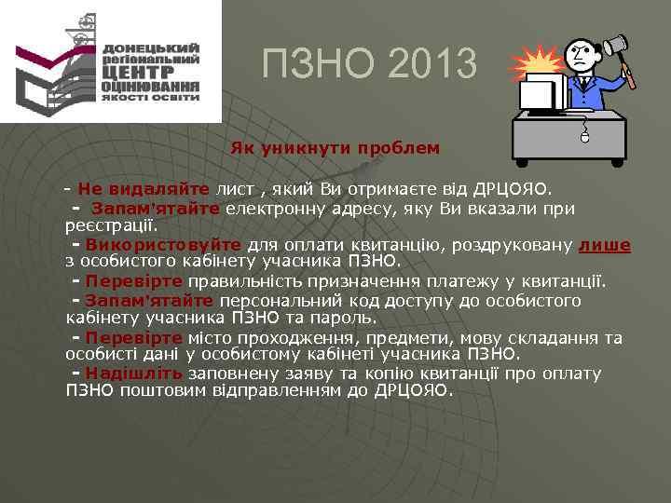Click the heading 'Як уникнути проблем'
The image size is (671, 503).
tap(335, 148)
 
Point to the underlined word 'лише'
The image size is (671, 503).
tap(604, 245)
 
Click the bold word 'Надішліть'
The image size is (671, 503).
tap(133, 374)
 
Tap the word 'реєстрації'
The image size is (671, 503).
tap(111, 224)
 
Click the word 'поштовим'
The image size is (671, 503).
tap(155, 390)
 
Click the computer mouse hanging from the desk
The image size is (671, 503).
tap(584, 137)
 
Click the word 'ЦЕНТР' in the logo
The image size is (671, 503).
tap(136, 69)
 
